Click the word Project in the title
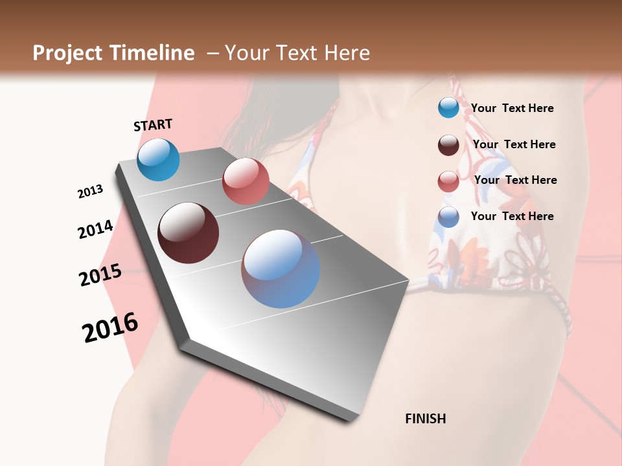coord(67,53)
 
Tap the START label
coord(153,125)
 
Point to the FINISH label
coord(426,419)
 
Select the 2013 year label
coord(90,192)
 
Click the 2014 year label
coord(95,229)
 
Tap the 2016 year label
coord(110,327)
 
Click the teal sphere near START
coord(158,159)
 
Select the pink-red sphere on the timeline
coord(246,181)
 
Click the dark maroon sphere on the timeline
coord(188,233)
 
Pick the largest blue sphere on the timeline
coord(281,269)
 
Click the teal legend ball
coord(448,107)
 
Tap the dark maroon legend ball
coord(448,145)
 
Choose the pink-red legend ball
coord(448,181)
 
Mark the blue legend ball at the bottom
coord(448,217)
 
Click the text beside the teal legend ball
coord(512,108)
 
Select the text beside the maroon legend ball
coord(514,144)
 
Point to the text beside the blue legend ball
coord(512,216)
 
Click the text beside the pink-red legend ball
coord(515,180)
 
